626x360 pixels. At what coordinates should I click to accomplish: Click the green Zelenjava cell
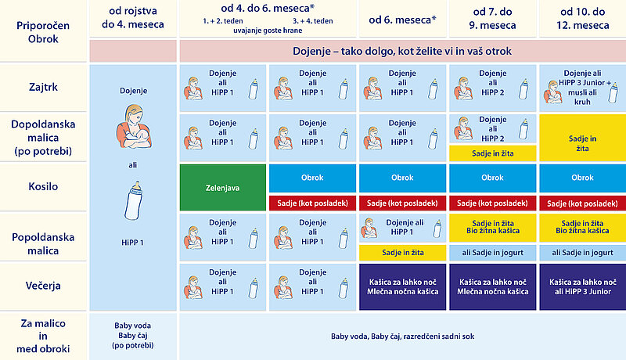tap(223, 187)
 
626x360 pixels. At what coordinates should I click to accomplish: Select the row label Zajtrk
tap(43, 87)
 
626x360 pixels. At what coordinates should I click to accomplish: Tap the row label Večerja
tap(43, 286)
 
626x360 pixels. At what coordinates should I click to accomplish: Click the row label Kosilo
tap(43, 186)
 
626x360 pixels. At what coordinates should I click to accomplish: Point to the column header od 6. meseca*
tap(402, 20)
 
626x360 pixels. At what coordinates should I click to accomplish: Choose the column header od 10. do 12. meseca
tap(582, 18)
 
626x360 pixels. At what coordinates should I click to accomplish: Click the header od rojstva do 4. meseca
tap(133, 17)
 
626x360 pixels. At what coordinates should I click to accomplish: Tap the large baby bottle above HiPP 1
tap(133, 200)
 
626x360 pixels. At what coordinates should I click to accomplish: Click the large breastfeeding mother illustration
tap(134, 127)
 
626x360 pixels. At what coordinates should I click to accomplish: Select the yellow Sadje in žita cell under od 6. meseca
tap(402, 253)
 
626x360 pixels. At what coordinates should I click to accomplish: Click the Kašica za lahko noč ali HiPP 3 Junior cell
tap(582, 286)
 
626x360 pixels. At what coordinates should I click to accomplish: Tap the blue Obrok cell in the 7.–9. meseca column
tap(493, 178)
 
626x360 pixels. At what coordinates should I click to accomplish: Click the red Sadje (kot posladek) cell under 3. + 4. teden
tap(312, 203)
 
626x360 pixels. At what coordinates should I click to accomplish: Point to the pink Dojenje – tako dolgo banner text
tap(402, 51)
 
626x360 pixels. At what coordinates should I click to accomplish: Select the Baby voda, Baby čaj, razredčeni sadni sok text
tap(402, 337)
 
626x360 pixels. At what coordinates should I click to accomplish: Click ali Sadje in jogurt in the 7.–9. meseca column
tap(493, 253)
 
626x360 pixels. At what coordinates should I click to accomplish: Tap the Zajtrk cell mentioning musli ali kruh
tap(582, 88)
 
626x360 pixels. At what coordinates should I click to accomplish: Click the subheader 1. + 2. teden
tap(223, 21)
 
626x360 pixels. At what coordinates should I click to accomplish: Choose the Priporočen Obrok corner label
tap(43, 32)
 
